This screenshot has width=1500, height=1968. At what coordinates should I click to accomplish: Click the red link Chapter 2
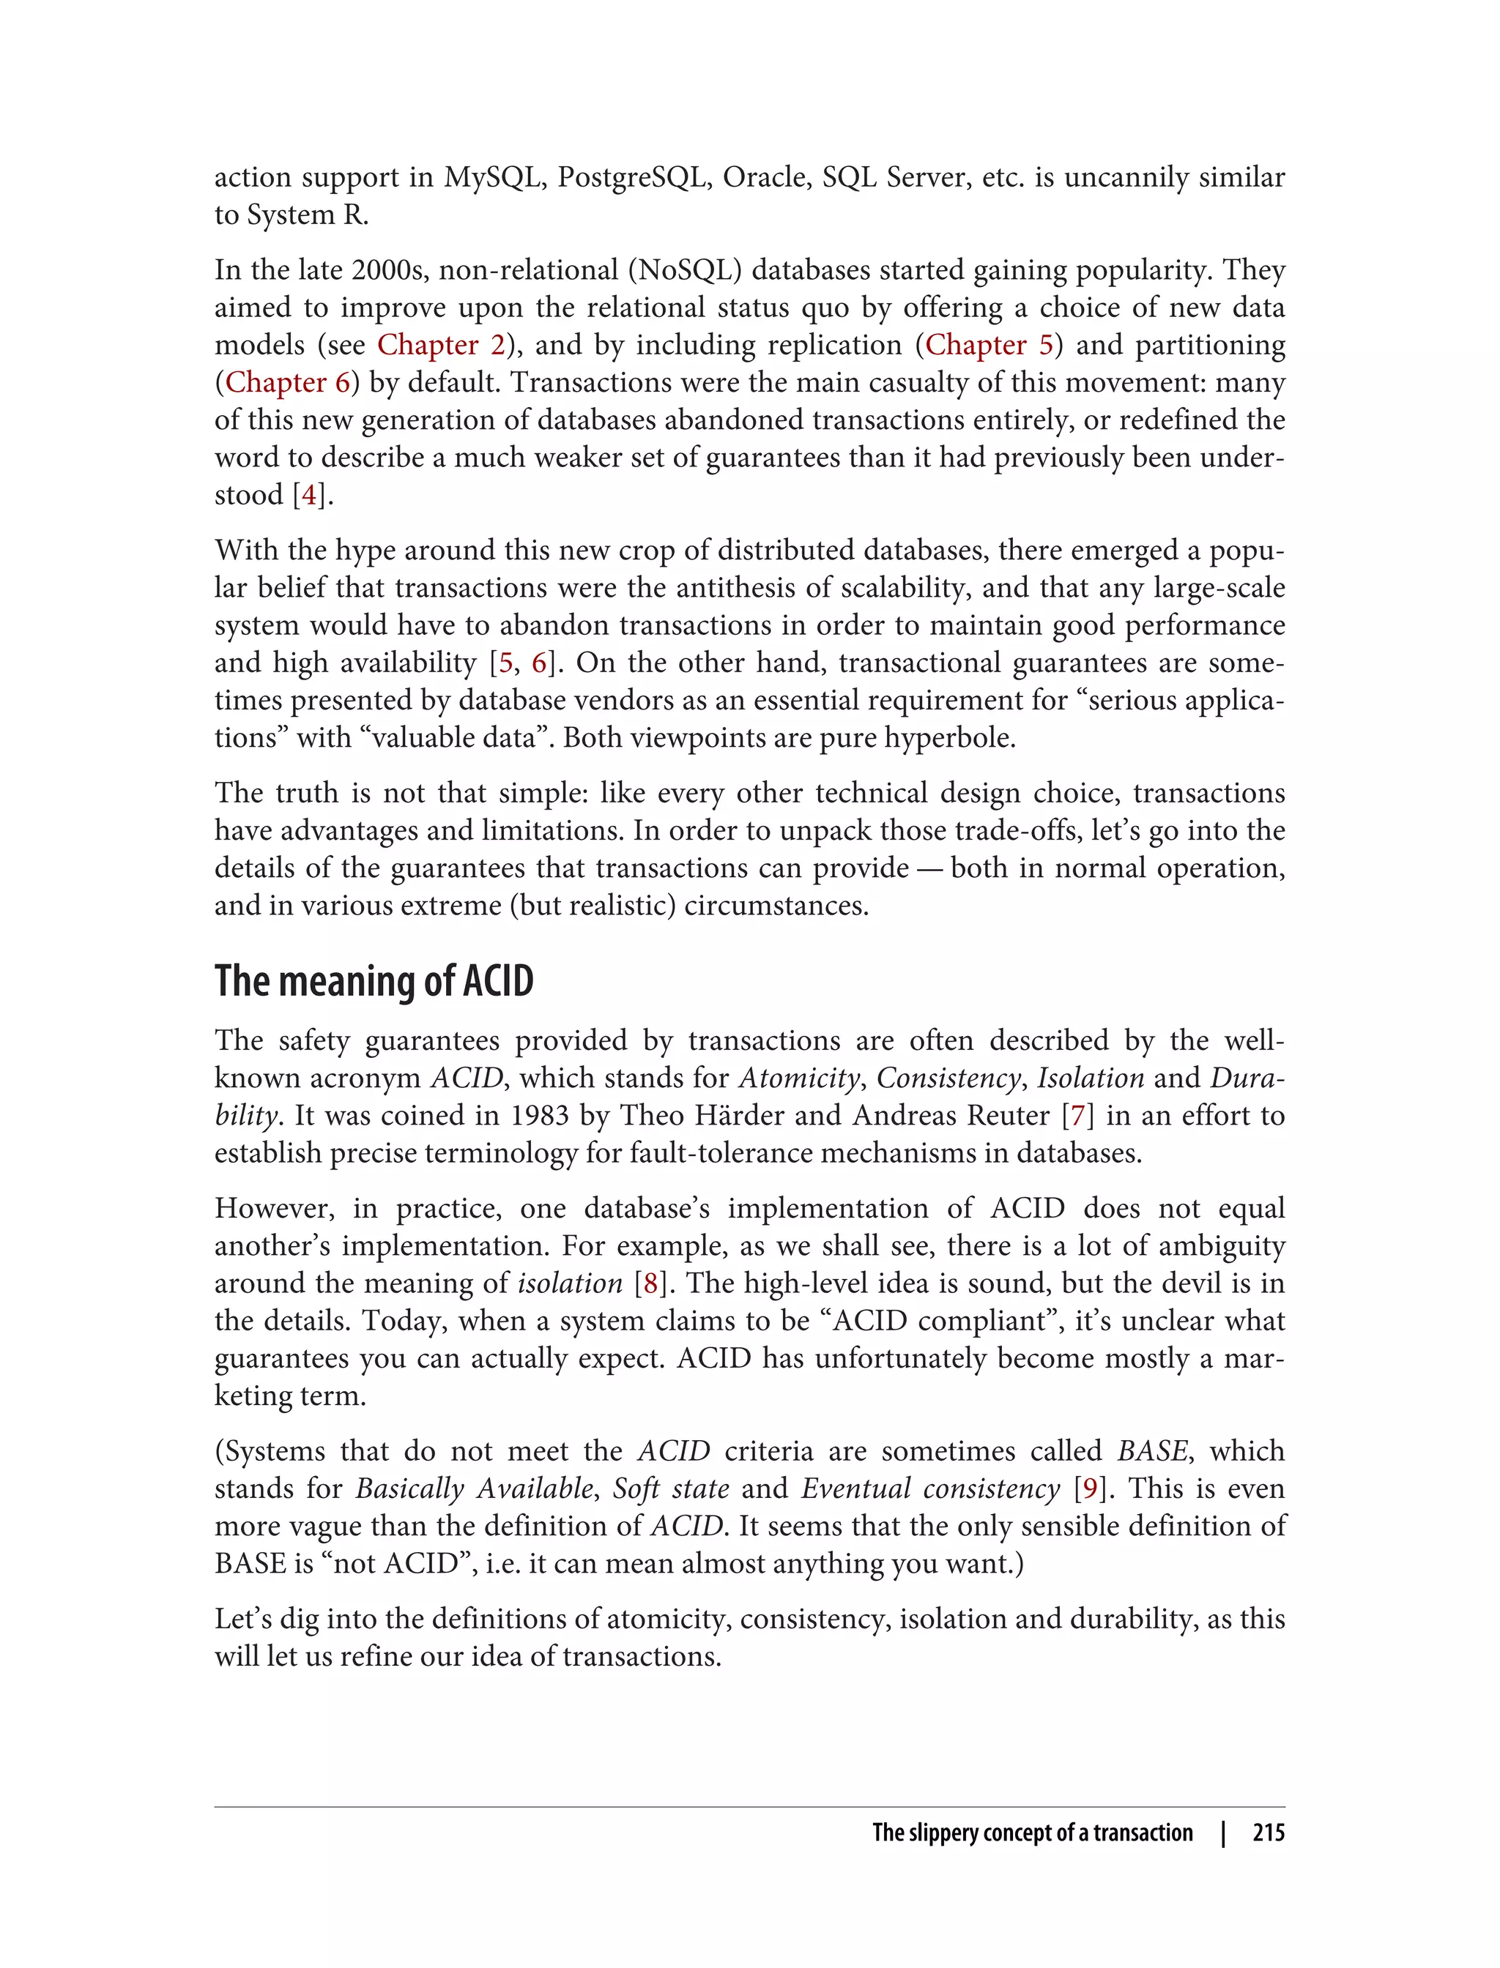441,345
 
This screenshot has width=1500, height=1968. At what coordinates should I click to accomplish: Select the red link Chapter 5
990,345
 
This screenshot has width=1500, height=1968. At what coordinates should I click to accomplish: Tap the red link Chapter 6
288,382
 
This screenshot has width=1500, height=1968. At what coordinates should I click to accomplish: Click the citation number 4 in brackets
309,494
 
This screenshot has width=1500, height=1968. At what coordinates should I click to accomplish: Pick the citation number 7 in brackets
1077,1115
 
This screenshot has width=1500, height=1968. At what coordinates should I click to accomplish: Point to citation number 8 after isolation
650,1283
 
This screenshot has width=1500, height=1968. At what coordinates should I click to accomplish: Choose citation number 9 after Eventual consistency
1089,1488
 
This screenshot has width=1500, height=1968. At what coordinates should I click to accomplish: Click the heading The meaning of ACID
374,981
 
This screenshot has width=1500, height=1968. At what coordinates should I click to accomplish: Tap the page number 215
1268,1833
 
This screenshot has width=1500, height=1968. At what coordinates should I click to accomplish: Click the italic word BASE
1152,1450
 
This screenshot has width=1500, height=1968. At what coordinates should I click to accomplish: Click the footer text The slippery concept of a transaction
1032,1833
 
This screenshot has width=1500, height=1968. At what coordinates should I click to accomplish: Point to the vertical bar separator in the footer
1223,1833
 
